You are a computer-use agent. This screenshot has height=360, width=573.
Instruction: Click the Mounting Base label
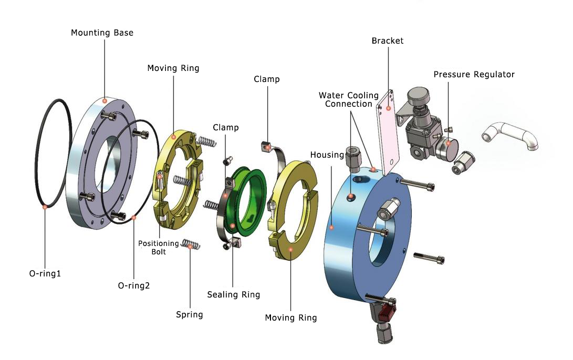pyautogui.click(x=102, y=33)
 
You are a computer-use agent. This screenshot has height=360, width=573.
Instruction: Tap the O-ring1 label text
pyautogui.click(x=45, y=274)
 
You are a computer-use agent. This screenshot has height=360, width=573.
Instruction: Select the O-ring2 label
pyautogui.click(x=134, y=286)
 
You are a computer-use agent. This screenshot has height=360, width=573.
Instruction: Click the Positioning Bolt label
pyautogui.click(x=159, y=248)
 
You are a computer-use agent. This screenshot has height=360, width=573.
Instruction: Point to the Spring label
pyautogui.click(x=190, y=314)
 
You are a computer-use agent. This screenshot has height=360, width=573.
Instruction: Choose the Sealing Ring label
pyautogui.click(x=233, y=294)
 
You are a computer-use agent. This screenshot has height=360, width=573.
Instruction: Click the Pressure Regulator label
pyautogui.click(x=474, y=74)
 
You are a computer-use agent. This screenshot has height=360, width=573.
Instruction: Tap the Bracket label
pyautogui.click(x=388, y=40)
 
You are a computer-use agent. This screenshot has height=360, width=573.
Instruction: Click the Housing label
pyautogui.click(x=327, y=155)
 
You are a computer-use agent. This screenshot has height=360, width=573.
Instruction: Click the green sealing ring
pyautogui.click(x=245, y=200)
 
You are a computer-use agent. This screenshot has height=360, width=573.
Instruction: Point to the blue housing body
pyautogui.click(x=347, y=252)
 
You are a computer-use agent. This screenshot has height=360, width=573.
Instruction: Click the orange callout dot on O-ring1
pyautogui.click(x=45, y=207)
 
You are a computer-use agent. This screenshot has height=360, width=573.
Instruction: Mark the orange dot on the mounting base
pyautogui.click(x=105, y=100)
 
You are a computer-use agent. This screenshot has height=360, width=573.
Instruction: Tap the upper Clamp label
pyautogui.click(x=266, y=79)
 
